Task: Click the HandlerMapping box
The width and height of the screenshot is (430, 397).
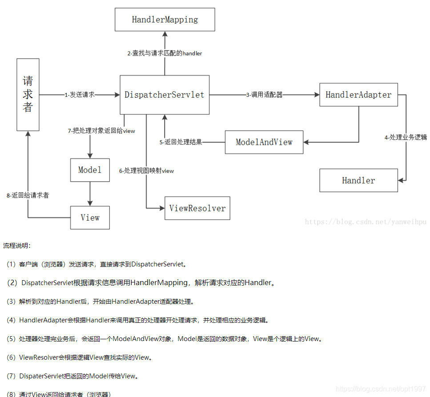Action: pyautogui.click(x=165, y=20)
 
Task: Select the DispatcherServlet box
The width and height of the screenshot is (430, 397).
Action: pyautogui.click(x=165, y=95)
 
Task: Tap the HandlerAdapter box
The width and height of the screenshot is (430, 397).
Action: pyautogui.click(x=358, y=95)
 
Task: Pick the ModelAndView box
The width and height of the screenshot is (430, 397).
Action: pyautogui.click(x=264, y=142)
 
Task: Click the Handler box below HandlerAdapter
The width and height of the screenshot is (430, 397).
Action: pyautogui.click(x=358, y=180)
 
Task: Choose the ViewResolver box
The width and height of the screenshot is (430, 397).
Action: pyautogui.click(x=197, y=208)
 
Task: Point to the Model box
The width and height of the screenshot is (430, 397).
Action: pyautogui.click(x=90, y=170)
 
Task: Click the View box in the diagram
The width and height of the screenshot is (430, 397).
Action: pyautogui.click(x=90, y=218)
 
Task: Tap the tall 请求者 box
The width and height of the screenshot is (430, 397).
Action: pyautogui.click(x=28, y=95)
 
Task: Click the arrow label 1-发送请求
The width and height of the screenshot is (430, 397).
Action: pyautogui.click(x=80, y=95)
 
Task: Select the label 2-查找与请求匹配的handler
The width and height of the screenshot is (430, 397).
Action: pyautogui.click(x=165, y=53)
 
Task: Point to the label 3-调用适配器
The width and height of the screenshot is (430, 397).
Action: pyautogui.click(x=264, y=95)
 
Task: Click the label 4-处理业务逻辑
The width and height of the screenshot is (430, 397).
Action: pyautogui.click(x=406, y=137)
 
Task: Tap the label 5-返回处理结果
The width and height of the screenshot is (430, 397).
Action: pyautogui.click(x=181, y=142)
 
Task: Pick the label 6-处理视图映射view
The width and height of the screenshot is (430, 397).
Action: pyautogui.click(x=146, y=171)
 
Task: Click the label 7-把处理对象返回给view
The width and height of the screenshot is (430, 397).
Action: pyautogui.click(x=101, y=131)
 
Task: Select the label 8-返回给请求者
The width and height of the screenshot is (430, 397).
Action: pyautogui.click(x=28, y=195)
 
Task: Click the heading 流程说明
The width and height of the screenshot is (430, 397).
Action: pyautogui.click(x=17, y=246)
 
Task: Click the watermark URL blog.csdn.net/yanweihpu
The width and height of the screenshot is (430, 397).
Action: pyautogui.click(x=365, y=222)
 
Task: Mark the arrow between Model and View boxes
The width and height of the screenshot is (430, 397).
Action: pyautogui.click(x=90, y=194)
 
